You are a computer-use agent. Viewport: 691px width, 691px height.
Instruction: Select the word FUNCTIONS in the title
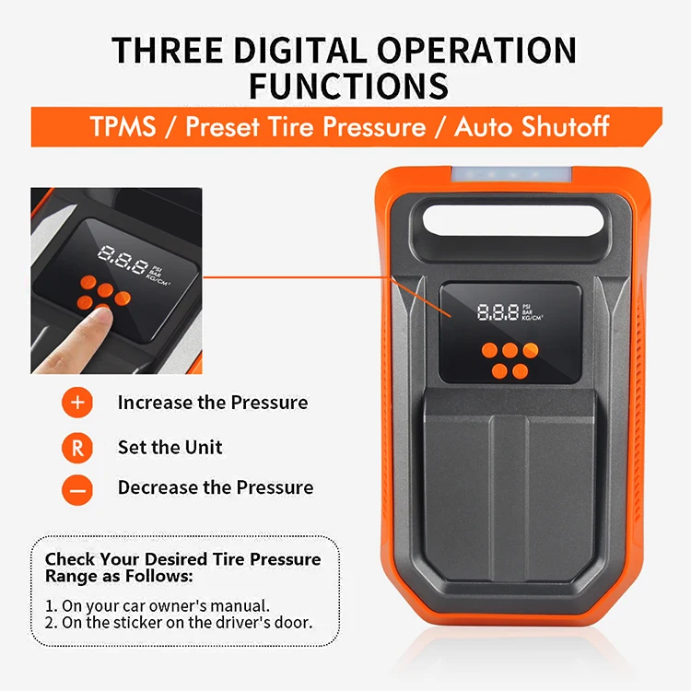(x=348, y=86)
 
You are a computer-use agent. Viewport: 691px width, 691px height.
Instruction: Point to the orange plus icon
(x=77, y=403)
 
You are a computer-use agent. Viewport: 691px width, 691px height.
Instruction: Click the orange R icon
(x=77, y=448)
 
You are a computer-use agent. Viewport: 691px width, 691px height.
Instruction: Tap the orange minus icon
(x=77, y=489)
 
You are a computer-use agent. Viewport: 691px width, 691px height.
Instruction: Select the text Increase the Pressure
(x=212, y=403)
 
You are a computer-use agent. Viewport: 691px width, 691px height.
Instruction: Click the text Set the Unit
(x=170, y=448)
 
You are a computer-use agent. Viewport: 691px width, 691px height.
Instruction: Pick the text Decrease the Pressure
(x=215, y=488)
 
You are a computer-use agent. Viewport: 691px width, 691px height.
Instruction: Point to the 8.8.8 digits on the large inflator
(x=498, y=312)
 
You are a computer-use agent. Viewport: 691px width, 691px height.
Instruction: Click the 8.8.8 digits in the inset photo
(x=123, y=262)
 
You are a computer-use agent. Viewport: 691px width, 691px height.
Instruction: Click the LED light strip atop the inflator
(x=504, y=171)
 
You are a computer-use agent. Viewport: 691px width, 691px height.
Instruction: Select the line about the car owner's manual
(x=158, y=605)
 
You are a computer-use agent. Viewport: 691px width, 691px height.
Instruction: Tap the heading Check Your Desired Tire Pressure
(x=183, y=559)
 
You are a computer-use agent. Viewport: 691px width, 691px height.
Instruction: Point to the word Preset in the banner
(x=224, y=126)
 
